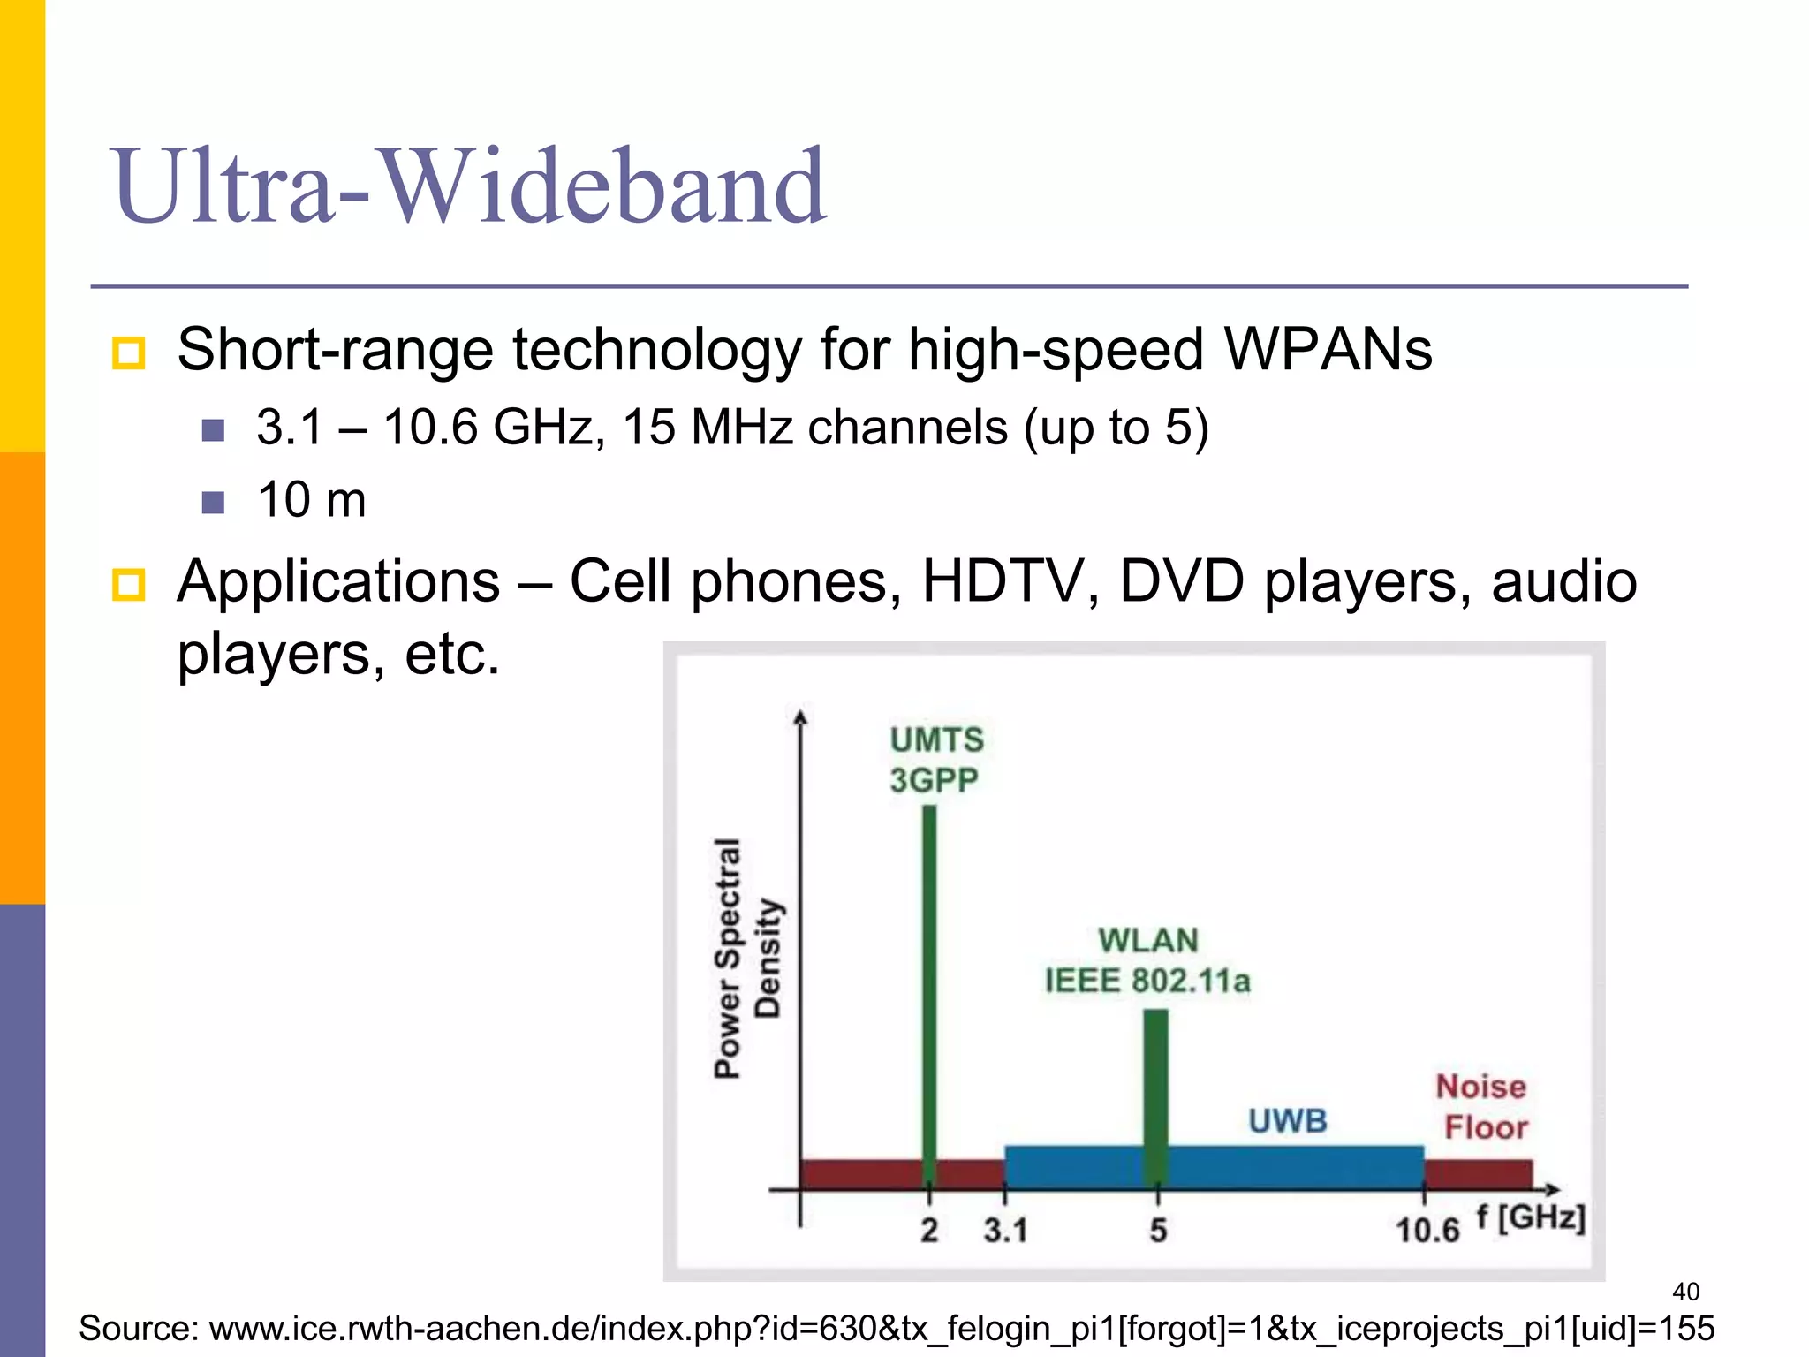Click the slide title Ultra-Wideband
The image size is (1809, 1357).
pos(468,186)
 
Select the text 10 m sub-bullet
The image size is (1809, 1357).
pos(311,500)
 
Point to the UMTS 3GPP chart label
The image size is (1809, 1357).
pos(935,760)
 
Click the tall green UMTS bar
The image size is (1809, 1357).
pos(929,989)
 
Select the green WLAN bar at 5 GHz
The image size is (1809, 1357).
pos(1155,1095)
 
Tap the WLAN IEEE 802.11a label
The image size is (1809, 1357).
pos(1147,960)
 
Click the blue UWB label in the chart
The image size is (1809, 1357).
pos(1287,1121)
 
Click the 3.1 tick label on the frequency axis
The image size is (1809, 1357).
pos(1005,1230)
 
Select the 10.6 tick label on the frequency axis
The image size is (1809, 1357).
pos(1427,1230)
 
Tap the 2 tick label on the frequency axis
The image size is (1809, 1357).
pos(929,1230)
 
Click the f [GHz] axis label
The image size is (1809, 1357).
pos(1532,1217)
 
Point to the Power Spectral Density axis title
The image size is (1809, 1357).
pos(746,959)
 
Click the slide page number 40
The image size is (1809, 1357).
pos(1685,1292)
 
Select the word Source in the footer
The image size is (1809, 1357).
pos(137,1329)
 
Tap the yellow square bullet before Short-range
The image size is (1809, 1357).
pos(129,353)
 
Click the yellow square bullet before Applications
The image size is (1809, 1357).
pos(129,585)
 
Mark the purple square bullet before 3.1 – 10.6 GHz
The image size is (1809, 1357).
pos(213,430)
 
